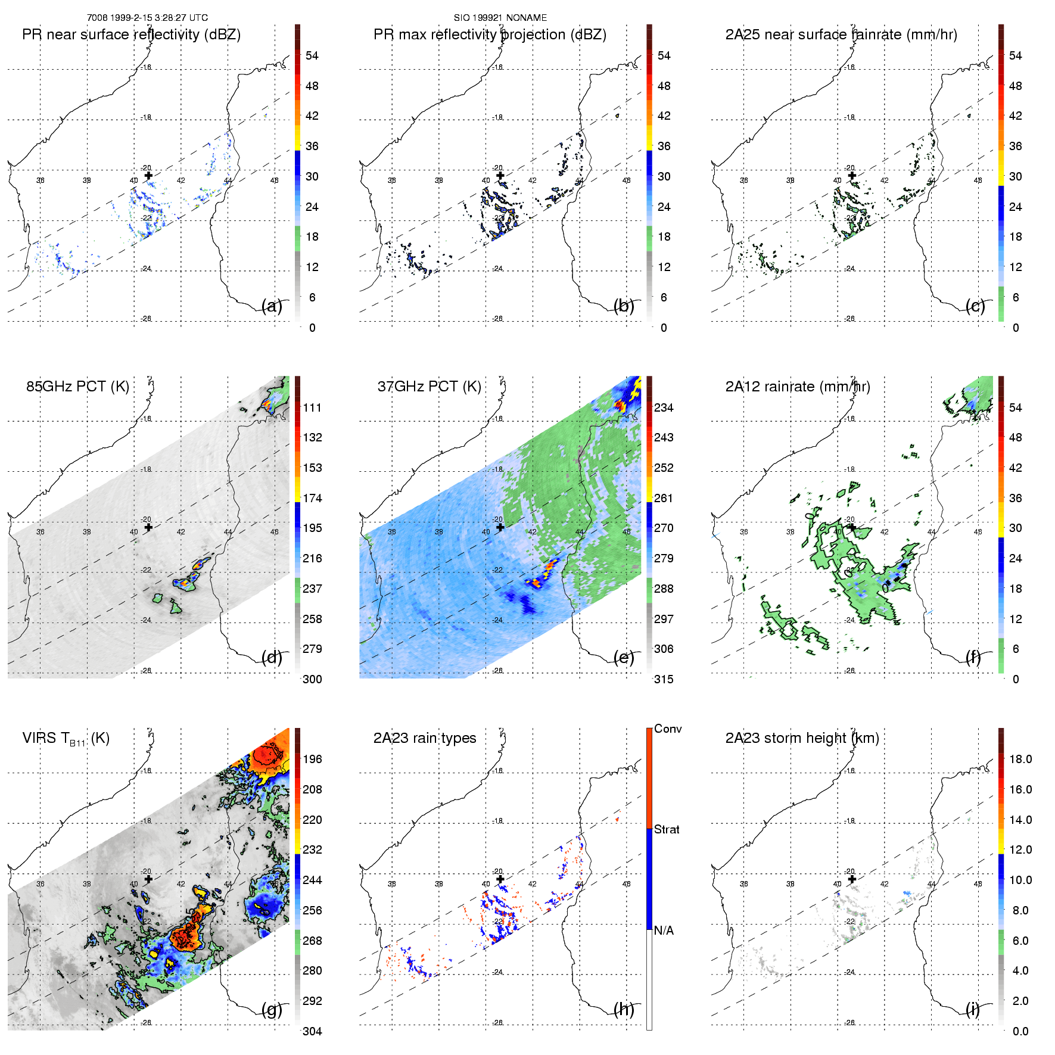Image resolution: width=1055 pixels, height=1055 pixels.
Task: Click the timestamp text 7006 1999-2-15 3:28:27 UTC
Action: (x=147, y=18)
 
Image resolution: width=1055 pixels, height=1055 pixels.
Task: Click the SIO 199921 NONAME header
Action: (x=500, y=18)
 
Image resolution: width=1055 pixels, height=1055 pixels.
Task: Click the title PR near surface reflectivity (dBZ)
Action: (x=131, y=35)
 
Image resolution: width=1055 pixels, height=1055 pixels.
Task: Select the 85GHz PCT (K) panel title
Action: (x=77, y=386)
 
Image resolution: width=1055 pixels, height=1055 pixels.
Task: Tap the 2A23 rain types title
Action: (x=425, y=738)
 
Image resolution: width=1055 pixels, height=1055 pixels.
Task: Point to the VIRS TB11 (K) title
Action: (x=66, y=739)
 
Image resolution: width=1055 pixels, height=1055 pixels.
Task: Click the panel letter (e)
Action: (x=624, y=657)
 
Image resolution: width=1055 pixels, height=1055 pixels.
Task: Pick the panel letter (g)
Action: (x=272, y=1009)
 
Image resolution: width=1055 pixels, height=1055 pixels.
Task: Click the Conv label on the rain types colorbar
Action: (x=668, y=729)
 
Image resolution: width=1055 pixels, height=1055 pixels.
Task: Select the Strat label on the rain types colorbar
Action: (x=667, y=829)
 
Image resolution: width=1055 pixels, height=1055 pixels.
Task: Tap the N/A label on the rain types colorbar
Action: (x=664, y=930)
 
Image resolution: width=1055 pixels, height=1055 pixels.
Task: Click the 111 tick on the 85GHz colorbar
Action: (x=312, y=407)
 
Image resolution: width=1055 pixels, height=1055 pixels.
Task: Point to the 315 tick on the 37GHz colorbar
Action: (x=664, y=679)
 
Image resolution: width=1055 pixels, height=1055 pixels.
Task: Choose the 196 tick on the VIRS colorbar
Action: (x=312, y=759)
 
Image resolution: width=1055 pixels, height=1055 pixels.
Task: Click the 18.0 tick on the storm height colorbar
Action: (x=1020, y=759)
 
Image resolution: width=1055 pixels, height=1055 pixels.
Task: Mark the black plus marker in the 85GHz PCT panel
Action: (x=148, y=527)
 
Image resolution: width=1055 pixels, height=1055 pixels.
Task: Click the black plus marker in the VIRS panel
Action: (x=148, y=879)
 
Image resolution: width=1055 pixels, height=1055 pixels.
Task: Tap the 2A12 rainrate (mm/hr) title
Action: (x=798, y=387)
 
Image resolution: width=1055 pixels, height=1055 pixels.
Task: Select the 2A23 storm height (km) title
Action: (x=802, y=738)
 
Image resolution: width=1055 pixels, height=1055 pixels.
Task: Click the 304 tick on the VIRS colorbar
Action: (x=312, y=1031)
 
